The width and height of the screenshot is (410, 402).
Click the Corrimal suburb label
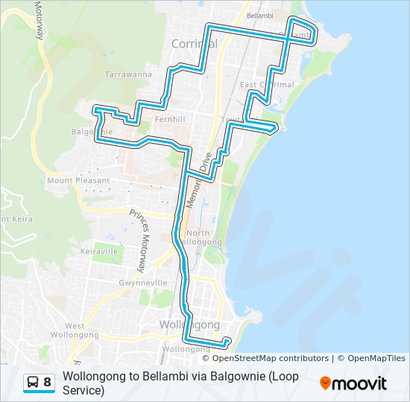(x=194, y=44)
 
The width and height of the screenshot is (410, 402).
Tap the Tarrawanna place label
(x=128, y=75)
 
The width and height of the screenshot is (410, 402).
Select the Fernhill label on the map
(x=168, y=118)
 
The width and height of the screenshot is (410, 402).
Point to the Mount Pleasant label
(x=78, y=180)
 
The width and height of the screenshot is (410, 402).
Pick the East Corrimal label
(x=268, y=85)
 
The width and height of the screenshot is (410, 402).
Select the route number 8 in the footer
(x=48, y=383)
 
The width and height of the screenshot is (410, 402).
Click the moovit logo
(x=353, y=383)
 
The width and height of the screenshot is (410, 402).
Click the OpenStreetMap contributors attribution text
(x=271, y=359)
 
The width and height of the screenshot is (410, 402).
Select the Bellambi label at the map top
(x=259, y=16)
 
